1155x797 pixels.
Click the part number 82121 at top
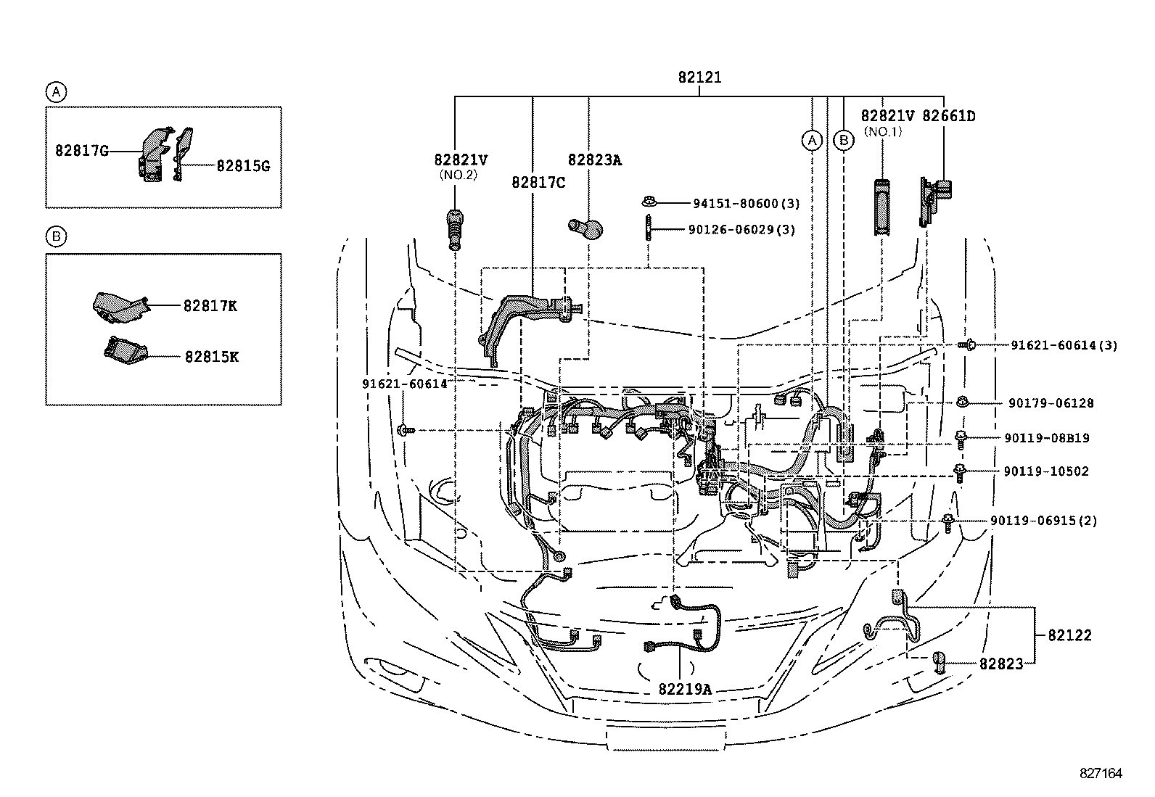699,78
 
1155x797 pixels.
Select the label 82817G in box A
82,151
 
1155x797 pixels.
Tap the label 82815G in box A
242,166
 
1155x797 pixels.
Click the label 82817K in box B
210,306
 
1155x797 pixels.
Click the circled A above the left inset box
56,92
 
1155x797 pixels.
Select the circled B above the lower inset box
56,236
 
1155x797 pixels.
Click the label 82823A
594,160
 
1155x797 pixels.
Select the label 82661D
948,116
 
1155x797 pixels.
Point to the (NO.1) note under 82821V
882,132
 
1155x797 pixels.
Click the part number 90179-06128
1051,403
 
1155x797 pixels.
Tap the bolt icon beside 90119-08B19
961,437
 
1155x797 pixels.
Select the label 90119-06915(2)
1043,521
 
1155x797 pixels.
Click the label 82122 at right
1069,635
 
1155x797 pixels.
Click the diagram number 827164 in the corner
1101,774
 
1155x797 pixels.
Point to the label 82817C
538,183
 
